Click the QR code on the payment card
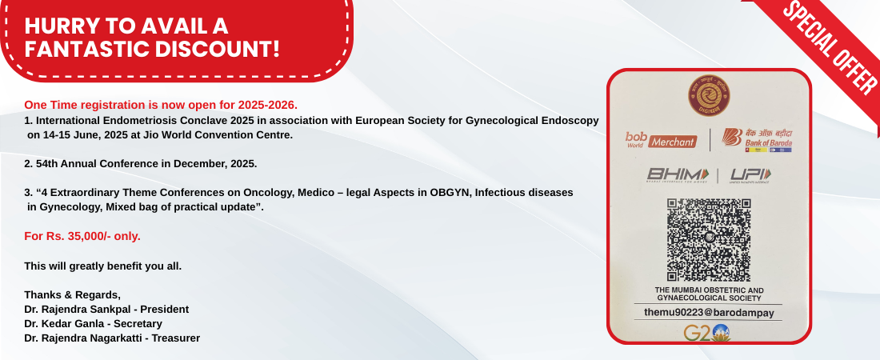pos(708,239)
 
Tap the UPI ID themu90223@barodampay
pos(709,313)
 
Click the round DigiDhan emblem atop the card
pos(709,95)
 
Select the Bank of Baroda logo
pos(757,140)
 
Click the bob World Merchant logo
pos(661,140)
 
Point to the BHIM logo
pos(678,175)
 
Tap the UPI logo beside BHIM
pos(750,175)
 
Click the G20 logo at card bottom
pos(706,333)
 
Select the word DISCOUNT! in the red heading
pos(217,50)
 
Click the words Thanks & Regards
pos(72,295)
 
